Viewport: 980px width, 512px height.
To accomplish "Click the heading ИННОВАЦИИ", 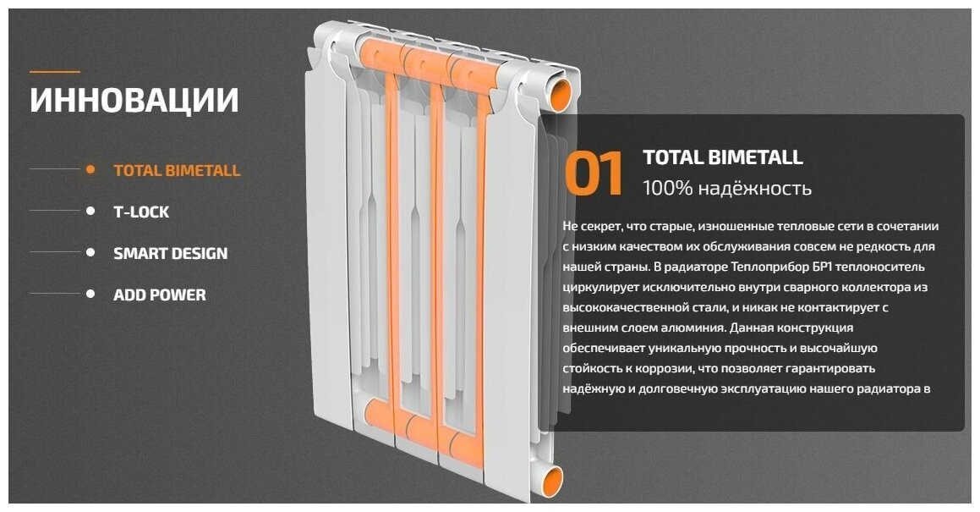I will (134, 100).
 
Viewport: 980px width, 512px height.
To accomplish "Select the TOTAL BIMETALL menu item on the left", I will (177, 170).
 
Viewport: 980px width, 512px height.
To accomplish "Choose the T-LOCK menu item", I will (141, 212).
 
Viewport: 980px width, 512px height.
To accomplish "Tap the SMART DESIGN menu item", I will (170, 253).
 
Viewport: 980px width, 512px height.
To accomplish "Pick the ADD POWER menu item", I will (159, 295).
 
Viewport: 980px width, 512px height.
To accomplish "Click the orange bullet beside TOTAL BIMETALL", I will (90, 169).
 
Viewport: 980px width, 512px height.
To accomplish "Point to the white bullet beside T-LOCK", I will (90, 211).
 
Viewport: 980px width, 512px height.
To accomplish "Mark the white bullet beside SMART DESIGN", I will (90, 252).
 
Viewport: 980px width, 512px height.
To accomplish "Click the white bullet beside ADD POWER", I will (90, 294).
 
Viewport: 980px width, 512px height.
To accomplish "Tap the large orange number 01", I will (594, 173).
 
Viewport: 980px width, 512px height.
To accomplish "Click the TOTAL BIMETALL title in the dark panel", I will (722, 157).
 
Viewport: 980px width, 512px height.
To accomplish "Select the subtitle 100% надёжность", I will (726, 188).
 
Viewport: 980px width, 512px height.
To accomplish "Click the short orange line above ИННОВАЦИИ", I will (55, 72).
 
